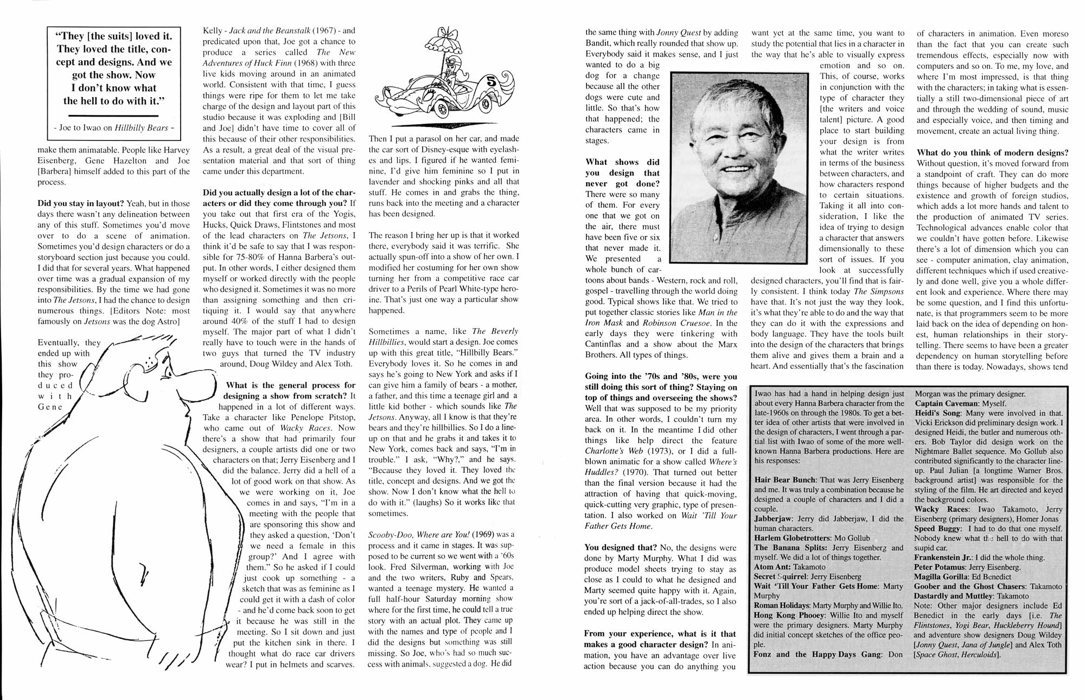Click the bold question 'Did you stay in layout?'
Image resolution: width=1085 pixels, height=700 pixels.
[81, 203]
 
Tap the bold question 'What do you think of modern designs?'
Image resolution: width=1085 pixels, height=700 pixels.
[992, 152]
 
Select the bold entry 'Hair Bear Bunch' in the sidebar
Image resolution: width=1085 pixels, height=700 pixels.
[786, 480]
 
